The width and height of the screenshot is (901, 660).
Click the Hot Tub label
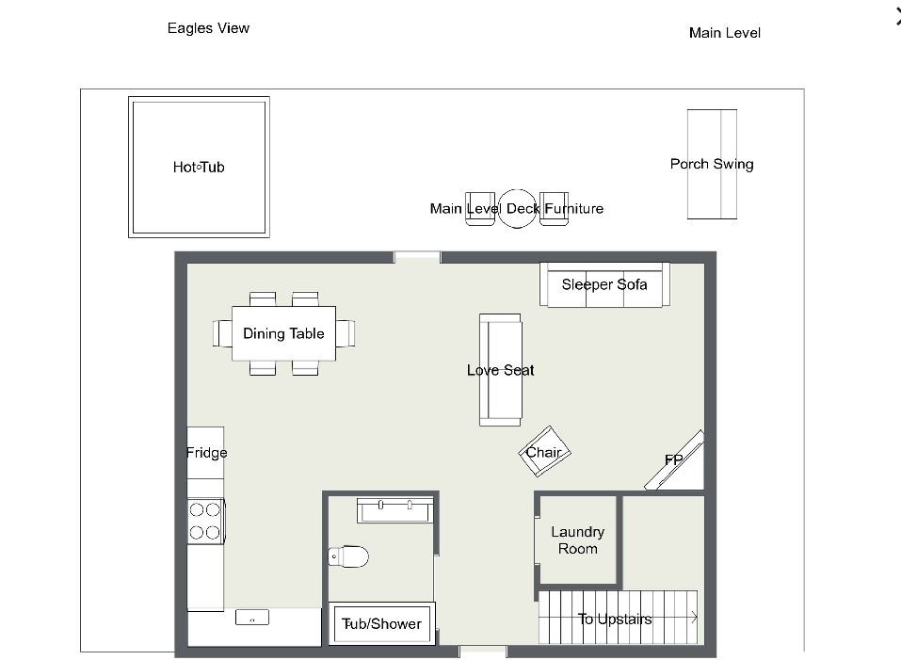[x=199, y=168]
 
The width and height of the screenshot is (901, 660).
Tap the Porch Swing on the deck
[x=712, y=164]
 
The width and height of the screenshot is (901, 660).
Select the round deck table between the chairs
[x=517, y=208]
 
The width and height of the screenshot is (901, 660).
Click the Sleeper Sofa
[x=604, y=284]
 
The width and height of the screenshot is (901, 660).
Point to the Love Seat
[x=501, y=370]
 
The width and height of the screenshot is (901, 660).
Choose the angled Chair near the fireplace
[x=544, y=452]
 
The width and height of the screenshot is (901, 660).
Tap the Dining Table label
[x=283, y=333]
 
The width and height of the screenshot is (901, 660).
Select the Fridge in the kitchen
[x=205, y=453]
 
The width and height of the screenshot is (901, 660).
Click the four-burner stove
[x=205, y=521]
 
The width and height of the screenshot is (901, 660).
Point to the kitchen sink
[x=252, y=618]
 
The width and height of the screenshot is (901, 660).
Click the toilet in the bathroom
[x=348, y=556]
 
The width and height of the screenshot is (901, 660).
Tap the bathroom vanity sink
[x=394, y=510]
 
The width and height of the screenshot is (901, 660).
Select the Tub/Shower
[x=381, y=623]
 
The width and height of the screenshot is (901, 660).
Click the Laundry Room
[x=577, y=539]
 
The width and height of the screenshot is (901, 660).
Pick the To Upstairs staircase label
[x=615, y=620]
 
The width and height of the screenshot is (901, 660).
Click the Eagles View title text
[x=209, y=28]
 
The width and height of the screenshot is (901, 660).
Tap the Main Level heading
[x=725, y=33]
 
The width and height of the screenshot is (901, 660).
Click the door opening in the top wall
[x=417, y=257]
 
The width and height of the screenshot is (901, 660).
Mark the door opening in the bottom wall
[x=483, y=652]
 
